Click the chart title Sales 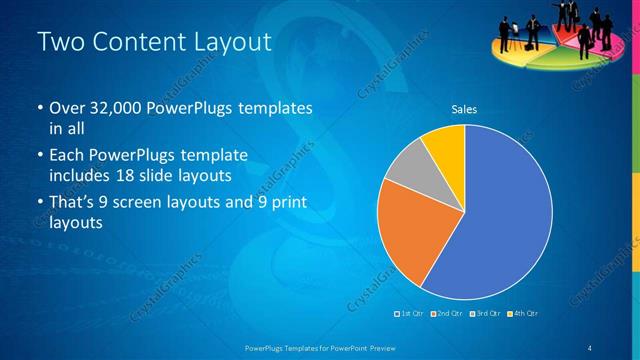coord(464,109)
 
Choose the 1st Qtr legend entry coord(410,314)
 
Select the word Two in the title coord(59,41)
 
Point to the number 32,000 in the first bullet coord(113,107)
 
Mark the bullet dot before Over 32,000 coord(39,108)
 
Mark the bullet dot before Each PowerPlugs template coord(39,156)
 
